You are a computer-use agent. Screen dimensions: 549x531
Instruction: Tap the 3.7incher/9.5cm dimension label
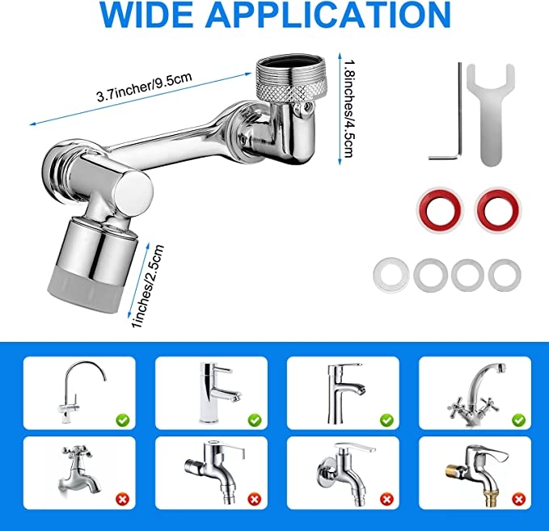pyautogui.click(x=144, y=86)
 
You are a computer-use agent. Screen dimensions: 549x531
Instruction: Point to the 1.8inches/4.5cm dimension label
pyautogui.click(x=349, y=108)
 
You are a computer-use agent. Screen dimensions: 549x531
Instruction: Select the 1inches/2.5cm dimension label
pyautogui.click(x=147, y=287)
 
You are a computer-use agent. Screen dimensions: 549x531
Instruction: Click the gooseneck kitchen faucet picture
pyautogui.click(x=82, y=391)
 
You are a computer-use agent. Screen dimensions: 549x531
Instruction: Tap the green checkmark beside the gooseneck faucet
pyautogui.click(x=123, y=419)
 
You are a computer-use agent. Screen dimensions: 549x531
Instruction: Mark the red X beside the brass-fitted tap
pyautogui.click(x=518, y=499)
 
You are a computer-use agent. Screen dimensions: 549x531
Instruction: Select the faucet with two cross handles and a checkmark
pyautogui.click(x=477, y=393)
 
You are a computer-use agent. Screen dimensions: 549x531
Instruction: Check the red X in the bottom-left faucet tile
pyautogui.click(x=123, y=499)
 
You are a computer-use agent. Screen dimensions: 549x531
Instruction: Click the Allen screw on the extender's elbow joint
pyautogui.click(x=306, y=107)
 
